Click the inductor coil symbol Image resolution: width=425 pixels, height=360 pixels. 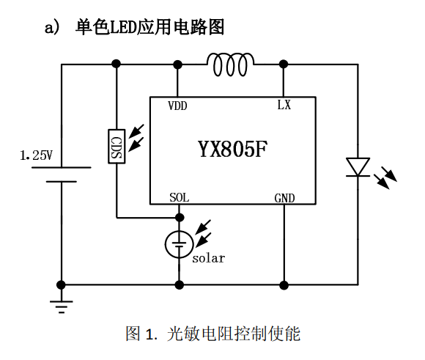(x=232, y=65)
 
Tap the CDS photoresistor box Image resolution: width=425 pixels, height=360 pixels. (x=116, y=145)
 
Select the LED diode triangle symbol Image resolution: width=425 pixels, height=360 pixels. (x=358, y=166)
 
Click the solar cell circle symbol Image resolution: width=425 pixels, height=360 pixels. (x=179, y=244)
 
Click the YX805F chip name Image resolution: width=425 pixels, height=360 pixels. (x=232, y=150)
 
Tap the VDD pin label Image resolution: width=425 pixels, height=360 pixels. (x=177, y=106)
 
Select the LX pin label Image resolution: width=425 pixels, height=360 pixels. (x=284, y=105)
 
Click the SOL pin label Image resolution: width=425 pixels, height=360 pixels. (x=179, y=198)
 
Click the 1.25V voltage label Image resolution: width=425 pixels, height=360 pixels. (x=37, y=155)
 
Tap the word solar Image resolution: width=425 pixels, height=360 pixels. (x=208, y=258)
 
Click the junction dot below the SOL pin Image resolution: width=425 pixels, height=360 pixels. (x=179, y=217)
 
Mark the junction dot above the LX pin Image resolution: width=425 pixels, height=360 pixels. (x=284, y=65)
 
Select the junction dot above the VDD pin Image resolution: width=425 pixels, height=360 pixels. (x=179, y=65)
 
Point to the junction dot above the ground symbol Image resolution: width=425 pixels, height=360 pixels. (x=61, y=284)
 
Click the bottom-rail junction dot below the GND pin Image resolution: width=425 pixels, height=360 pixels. (x=284, y=284)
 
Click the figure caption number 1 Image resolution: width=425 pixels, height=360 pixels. (x=149, y=335)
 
